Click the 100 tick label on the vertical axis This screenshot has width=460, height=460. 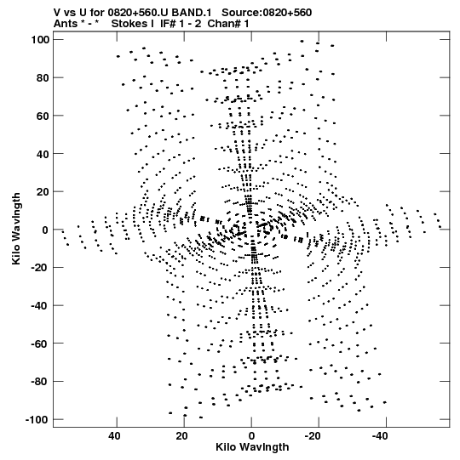pyautogui.click(x=40, y=40)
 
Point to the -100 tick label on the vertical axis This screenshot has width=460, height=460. pyautogui.click(x=37, y=420)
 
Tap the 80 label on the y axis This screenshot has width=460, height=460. pyautogui.click(x=43, y=77)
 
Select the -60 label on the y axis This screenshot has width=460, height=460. pyautogui.click(x=40, y=344)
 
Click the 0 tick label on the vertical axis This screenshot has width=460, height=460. pyautogui.click(x=45, y=230)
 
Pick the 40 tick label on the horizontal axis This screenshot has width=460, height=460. pyautogui.click(x=114, y=436)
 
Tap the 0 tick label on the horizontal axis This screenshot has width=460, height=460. pyautogui.click(x=251, y=436)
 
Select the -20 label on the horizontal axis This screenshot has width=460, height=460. pyautogui.click(x=313, y=436)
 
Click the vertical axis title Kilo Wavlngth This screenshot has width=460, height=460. pyautogui.click(x=16, y=229)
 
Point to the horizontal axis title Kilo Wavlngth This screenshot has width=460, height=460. pyautogui.click(x=252, y=447)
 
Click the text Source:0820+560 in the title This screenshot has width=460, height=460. pyautogui.click(x=267, y=13)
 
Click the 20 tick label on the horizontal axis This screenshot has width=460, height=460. pyautogui.click(x=181, y=436)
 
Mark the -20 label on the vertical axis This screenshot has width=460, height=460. pyautogui.click(x=40, y=268)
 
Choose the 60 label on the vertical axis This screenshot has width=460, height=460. pyautogui.click(x=43, y=116)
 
